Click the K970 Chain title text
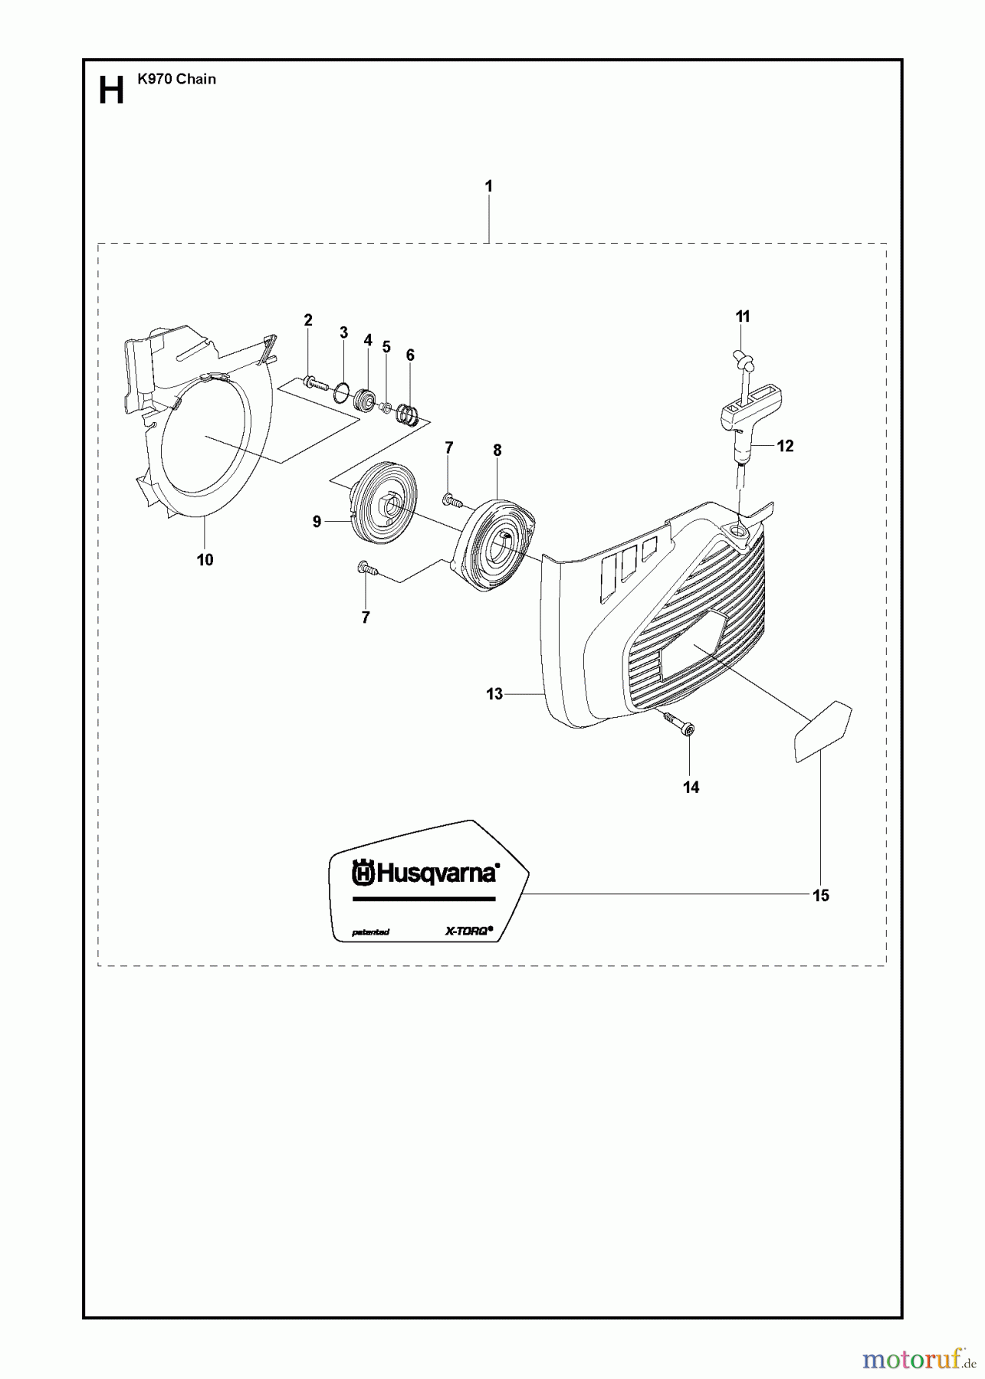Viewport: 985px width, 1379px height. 176,79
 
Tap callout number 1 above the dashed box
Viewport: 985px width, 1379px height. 489,186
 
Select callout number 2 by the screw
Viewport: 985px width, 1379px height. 308,320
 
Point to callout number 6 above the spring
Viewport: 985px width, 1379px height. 410,355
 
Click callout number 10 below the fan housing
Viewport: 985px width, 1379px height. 205,560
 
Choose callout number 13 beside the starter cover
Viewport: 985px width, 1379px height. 494,694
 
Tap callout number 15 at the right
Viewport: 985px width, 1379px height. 821,896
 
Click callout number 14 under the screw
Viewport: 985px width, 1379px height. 691,787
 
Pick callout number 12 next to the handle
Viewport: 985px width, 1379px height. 785,445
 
